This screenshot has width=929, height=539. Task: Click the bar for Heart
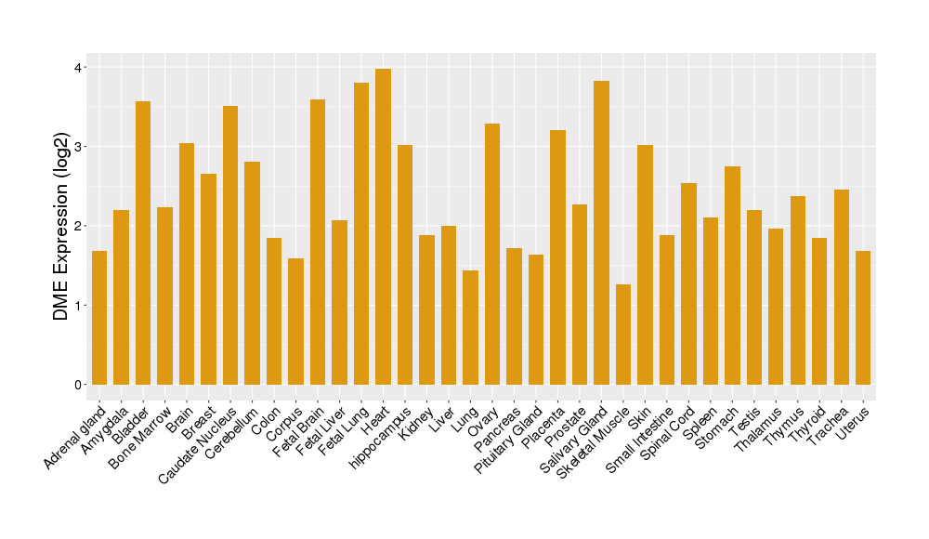(383, 227)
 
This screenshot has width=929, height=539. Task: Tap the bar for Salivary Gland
(601, 232)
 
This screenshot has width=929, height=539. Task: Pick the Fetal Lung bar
(361, 233)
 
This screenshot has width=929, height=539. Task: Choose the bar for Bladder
(143, 243)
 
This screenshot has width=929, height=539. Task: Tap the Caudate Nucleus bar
(230, 245)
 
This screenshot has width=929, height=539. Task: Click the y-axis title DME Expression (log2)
(61, 225)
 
